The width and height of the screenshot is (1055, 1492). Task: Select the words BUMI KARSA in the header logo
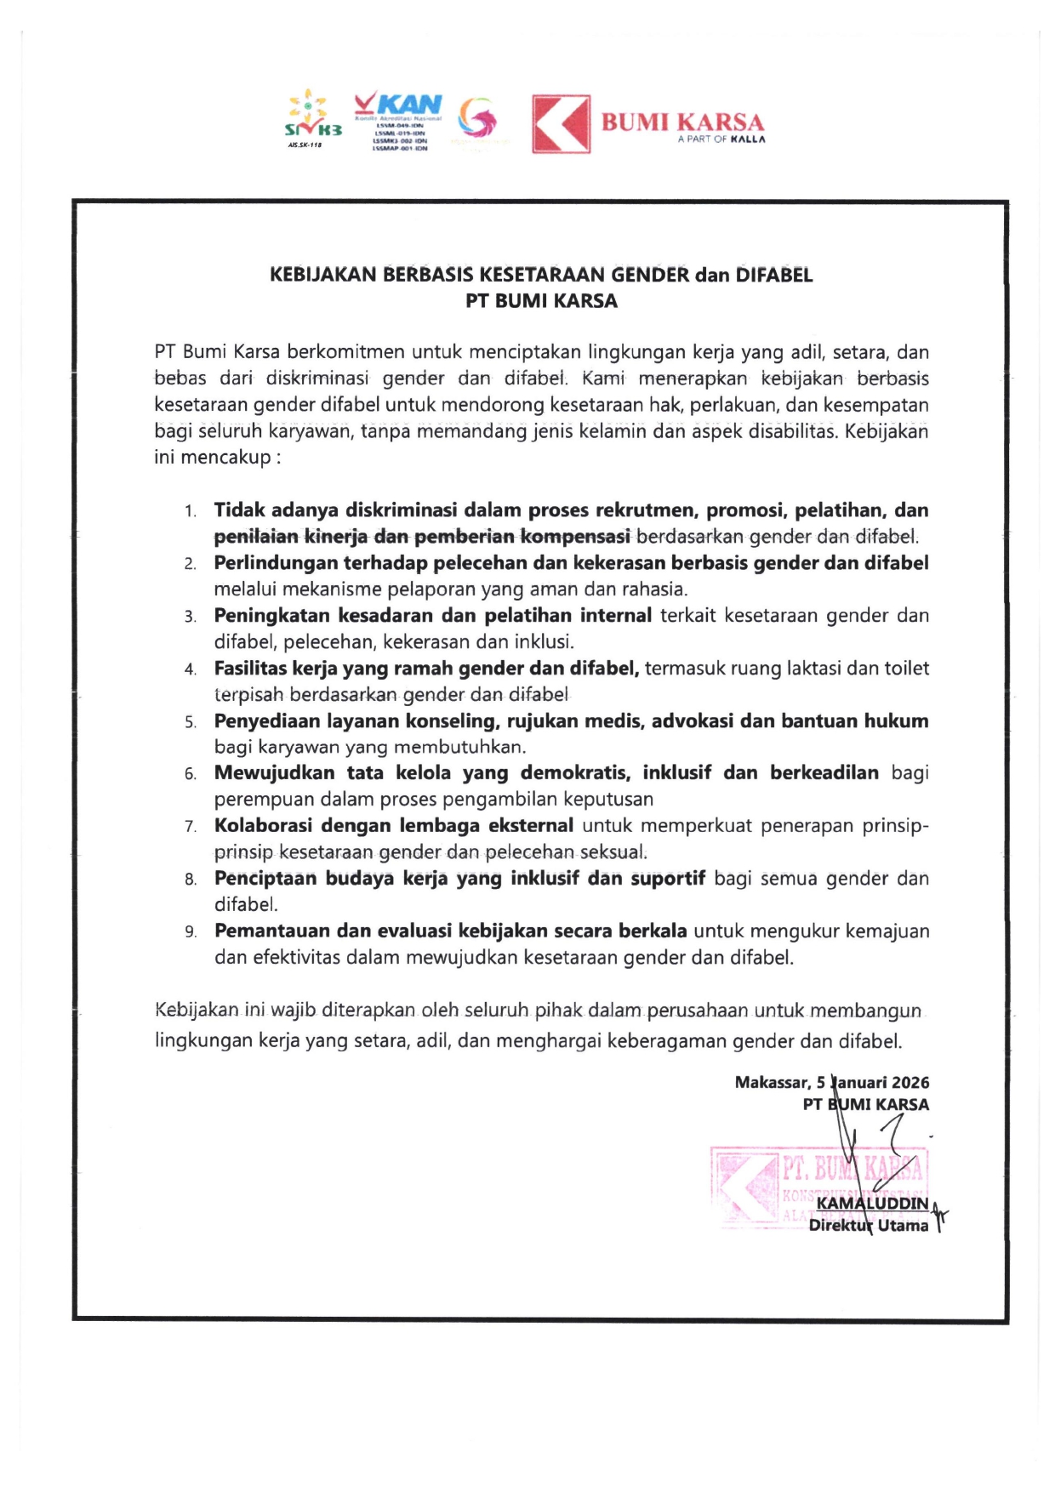point(682,122)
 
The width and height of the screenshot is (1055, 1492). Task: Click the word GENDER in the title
point(650,275)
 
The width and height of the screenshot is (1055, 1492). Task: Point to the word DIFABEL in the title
point(773,275)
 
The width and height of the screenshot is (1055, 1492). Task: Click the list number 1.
point(191,511)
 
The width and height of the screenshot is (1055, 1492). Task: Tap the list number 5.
point(191,722)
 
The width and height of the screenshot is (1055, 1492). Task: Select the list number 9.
point(191,931)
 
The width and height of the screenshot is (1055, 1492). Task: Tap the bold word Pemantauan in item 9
point(271,931)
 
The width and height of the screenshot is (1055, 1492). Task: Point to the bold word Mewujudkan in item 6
point(274,773)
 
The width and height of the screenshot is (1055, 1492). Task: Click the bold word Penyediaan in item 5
point(271,721)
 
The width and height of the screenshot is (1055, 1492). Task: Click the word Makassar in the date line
point(772,1083)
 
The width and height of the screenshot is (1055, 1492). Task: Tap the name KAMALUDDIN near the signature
point(872,1204)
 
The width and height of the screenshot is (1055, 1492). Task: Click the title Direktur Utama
point(868,1226)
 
